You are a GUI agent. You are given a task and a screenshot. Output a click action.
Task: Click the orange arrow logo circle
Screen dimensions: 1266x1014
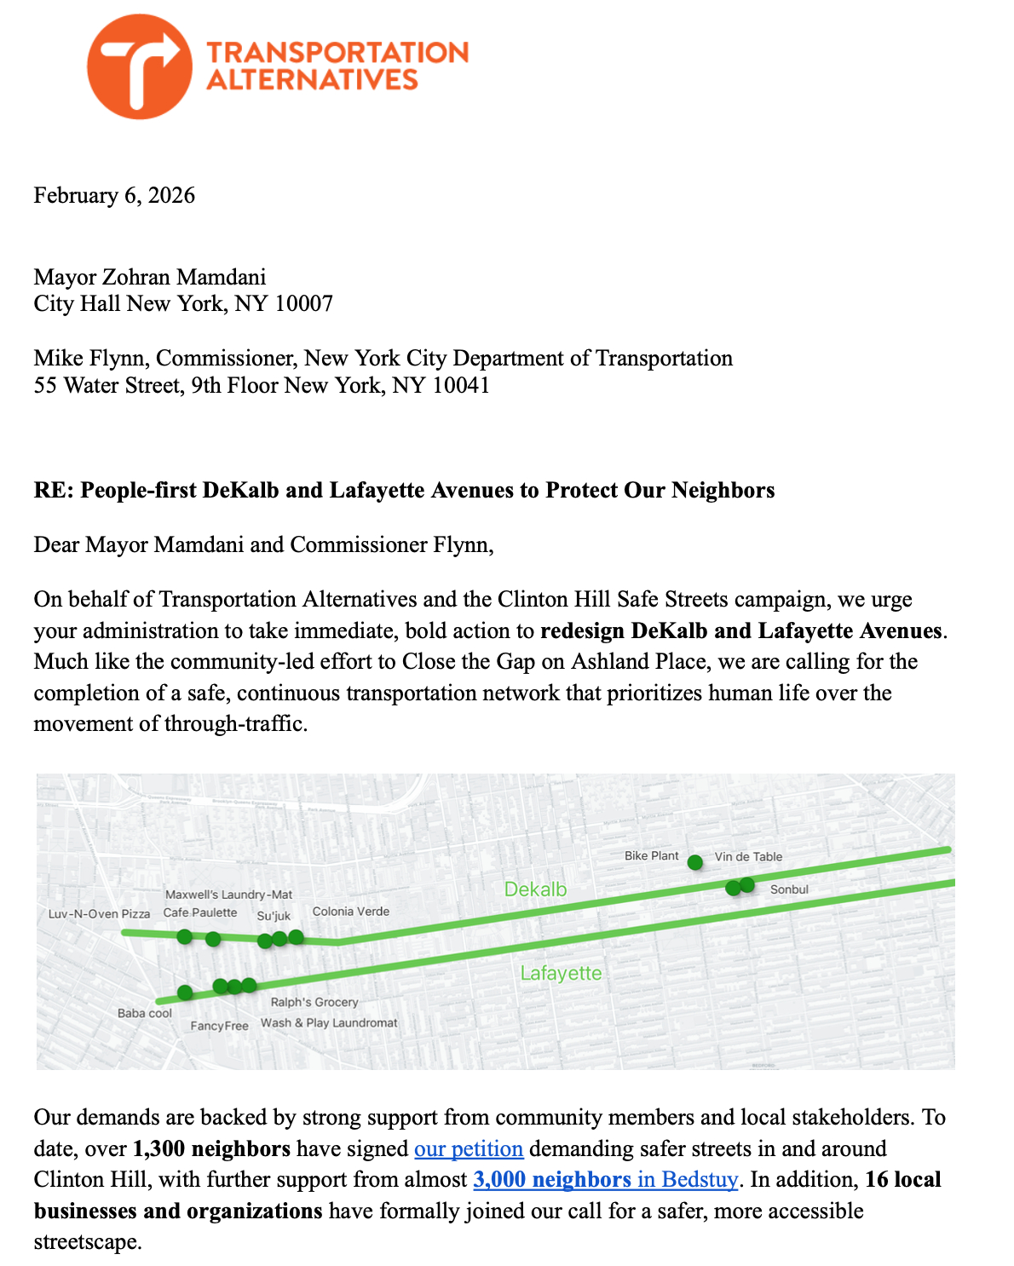coord(140,66)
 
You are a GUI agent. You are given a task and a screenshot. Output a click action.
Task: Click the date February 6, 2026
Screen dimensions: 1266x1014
coord(114,195)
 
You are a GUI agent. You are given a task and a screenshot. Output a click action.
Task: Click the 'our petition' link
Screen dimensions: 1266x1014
coord(469,1148)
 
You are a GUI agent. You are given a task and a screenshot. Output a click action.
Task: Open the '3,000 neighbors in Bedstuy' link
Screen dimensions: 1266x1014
coord(605,1180)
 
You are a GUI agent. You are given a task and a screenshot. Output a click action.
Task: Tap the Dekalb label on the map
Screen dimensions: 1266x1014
coord(535,889)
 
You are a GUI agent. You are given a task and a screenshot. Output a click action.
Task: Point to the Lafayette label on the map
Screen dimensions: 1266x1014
coord(561,973)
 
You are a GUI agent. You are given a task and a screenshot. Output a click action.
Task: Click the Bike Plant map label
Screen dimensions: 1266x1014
coord(652,855)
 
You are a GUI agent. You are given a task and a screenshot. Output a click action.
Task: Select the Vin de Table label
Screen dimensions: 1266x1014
coord(748,857)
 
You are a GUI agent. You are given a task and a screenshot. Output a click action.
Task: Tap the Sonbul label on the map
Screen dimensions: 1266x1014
coord(789,889)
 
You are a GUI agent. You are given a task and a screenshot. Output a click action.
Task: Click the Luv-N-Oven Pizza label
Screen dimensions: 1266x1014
coord(99,914)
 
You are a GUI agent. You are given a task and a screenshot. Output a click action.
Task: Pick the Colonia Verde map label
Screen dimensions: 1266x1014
coord(351,912)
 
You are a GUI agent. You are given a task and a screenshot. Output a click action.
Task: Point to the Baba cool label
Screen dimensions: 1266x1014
coord(145,1013)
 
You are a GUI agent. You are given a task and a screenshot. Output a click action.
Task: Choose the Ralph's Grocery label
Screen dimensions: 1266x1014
coord(314,1002)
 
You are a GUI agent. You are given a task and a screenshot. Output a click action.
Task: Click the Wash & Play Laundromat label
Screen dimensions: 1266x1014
coord(329,1022)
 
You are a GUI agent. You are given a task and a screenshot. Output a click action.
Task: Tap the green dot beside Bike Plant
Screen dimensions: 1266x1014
coord(695,862)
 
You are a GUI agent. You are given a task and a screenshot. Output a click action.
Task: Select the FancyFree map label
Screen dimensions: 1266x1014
coord(220,1026)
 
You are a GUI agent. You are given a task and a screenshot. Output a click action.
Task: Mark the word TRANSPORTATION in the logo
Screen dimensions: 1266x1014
coord(337,53)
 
